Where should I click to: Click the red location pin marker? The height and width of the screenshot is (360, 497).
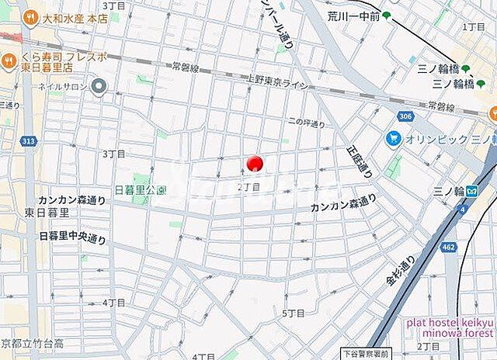point(255,164)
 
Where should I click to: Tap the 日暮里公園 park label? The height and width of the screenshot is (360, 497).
point(141,190)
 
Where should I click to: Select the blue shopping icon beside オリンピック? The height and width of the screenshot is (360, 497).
point(393,139)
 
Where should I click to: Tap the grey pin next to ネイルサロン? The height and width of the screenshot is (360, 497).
point(99,87)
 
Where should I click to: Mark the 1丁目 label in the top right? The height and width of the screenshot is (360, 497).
point(473,26)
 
